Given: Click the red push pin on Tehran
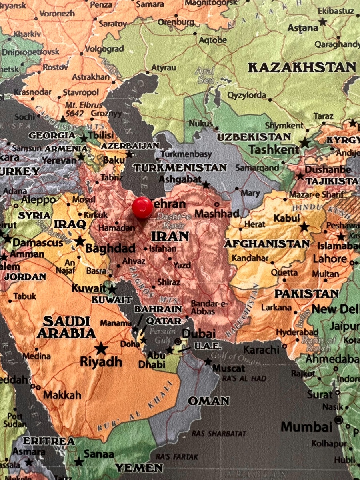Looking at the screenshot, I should [142, 208].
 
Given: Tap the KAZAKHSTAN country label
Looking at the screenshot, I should [302, 67].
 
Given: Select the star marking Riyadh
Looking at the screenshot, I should [101, 348].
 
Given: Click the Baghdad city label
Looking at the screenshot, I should [110, 248].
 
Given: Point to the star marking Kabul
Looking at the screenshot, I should [304, 227].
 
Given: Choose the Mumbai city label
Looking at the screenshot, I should [306, 426].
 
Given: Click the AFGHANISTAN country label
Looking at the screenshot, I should [267, 244].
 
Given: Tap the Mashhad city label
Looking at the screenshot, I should [217, 213].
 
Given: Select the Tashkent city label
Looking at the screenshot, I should [274, 150].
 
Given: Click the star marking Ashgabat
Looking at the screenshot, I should [206, 185].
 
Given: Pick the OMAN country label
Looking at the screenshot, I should [209, 401].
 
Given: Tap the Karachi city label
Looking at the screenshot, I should [261, 350].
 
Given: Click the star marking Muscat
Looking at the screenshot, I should [208, 362].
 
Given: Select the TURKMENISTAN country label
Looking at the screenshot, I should [180, 168].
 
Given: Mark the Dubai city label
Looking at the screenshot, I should [199, 334].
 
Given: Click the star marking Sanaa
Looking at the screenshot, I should [79, 462].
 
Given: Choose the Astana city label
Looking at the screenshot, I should [303, 28].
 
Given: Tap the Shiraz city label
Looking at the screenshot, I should [169, 282].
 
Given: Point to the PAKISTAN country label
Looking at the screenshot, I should [306, 294].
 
